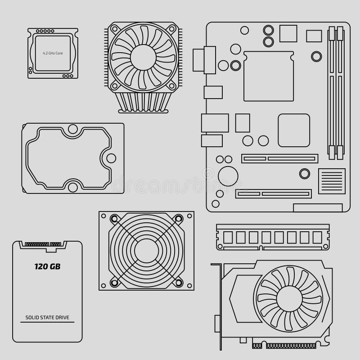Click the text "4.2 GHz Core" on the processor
pos(53,53)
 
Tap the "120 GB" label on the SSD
pos(47,266)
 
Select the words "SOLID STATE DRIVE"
pos(47,318)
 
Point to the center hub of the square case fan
pos(146,250)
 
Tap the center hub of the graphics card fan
pos(289,297)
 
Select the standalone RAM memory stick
pos(273,237)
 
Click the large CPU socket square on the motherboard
pos(268,76)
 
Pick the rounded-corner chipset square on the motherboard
pos(293,130)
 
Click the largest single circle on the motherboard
pos(228,176)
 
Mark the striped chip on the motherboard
pos(332,181)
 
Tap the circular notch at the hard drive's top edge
pos(72,129)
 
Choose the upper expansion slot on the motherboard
pos(279,158)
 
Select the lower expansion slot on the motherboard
pos(273,194)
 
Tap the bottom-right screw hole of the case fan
pos(179,283)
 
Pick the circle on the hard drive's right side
pos(111,158)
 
